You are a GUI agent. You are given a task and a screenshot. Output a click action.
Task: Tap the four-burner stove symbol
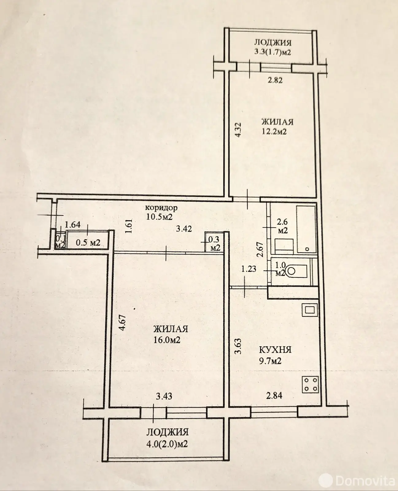coord(311,384)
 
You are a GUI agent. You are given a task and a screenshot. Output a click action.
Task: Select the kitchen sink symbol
coord(310,310)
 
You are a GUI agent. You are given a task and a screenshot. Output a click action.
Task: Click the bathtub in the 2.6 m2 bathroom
coord(306,229)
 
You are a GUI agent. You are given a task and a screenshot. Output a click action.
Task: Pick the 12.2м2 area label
coord(274,132)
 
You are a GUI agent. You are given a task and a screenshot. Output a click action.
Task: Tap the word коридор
coord(161,207)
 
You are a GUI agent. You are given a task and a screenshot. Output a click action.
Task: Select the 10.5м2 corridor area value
coord(160,217)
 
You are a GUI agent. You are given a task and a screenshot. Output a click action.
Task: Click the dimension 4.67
coord(123,323)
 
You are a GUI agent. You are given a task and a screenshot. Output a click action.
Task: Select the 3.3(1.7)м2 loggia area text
coord(272,52)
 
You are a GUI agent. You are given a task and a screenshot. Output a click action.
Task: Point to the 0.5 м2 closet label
coord(88,242)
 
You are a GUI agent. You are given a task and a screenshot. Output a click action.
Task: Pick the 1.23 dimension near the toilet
coord(249,269)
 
